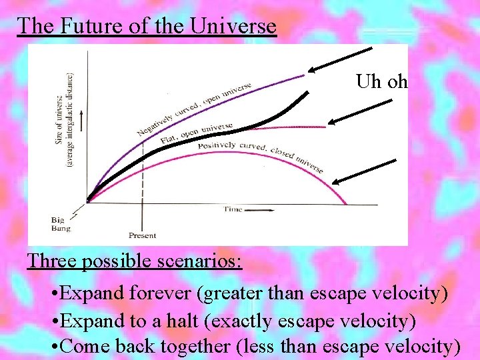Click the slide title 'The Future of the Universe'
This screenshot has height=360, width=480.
click(146, 26)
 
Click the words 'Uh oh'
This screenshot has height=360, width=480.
click(381, 82)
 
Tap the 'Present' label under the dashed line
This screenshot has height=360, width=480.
click(142, 235)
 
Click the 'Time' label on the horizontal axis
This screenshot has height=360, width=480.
click(233, 209)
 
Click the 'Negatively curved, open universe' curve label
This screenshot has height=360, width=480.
click(193, 109)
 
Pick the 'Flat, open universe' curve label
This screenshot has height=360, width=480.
click(196, 133)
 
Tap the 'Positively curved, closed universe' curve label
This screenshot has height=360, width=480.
click(260, 157)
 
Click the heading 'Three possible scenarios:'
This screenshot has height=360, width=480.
click(134, 260)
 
